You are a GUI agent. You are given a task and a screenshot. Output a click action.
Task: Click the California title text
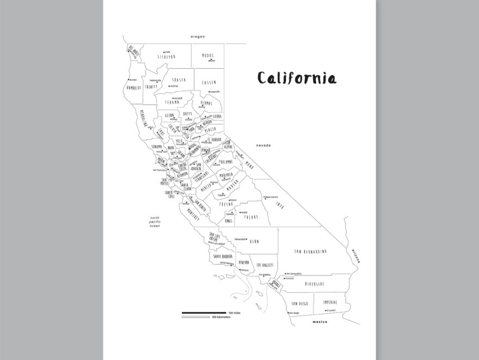[297, 78]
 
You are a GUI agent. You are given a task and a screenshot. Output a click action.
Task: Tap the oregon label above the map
[198, 37]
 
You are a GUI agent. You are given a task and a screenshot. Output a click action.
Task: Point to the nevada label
[264, 146]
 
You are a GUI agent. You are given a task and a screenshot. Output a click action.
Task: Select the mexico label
[320, 322]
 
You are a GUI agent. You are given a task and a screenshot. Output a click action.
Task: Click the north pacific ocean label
[155, 221]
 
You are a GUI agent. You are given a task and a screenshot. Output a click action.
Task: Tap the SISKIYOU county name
[167, 56]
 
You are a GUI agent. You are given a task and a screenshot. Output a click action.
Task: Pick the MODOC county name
[208, 55]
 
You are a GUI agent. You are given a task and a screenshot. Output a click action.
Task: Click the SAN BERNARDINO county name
[310, 251]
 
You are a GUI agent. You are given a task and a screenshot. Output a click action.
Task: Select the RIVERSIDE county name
[315, 284]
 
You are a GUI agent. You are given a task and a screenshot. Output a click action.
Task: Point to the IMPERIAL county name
[330, 302]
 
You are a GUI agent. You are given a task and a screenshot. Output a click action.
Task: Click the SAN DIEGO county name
[300, 303]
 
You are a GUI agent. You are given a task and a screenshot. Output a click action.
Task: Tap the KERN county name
[254, 241]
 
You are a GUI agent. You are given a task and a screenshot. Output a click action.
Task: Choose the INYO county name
[280, 206]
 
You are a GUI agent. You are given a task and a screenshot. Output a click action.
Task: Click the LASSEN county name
[209, 82]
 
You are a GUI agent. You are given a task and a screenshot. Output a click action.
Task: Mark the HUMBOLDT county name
[134, 87]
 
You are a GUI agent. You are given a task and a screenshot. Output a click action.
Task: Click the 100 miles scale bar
[204, 313]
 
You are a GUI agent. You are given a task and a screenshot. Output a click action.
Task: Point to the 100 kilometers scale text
[222, 317]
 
